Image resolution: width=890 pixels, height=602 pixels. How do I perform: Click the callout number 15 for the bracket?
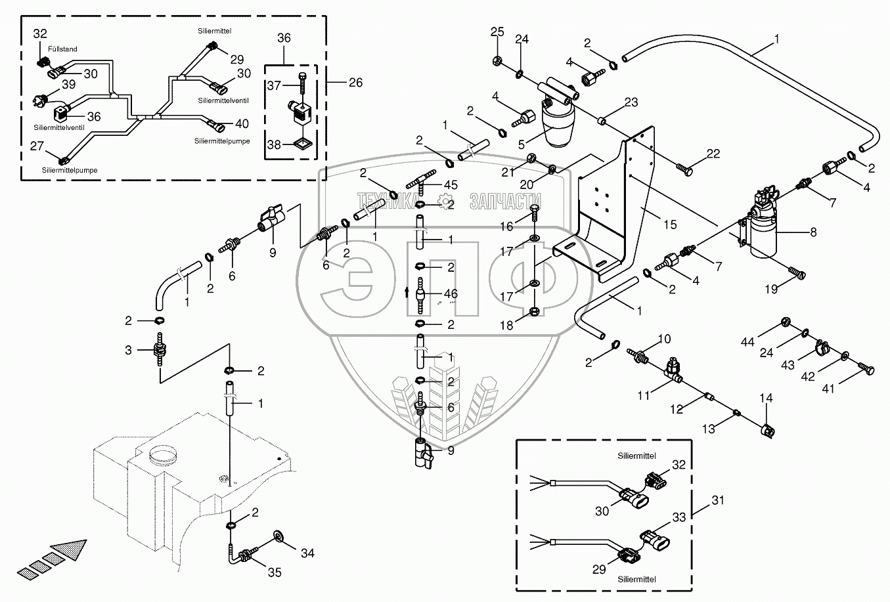(x=670, y=225)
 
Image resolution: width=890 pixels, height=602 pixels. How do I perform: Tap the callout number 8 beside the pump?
(x=813, y=232)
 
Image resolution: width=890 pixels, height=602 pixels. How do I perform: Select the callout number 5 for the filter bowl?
(x=522, y=144)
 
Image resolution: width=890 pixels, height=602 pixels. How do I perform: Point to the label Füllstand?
(x=62, y=49)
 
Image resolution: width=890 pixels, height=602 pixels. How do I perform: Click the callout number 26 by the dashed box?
(x=355, y=83)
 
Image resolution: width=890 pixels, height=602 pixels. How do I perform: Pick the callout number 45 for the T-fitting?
(x=451, y=185)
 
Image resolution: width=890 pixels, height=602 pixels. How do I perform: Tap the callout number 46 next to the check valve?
(x=451, y=294)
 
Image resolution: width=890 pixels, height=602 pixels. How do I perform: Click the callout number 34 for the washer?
(x=307, y=553)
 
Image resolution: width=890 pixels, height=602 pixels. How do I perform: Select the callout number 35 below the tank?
(x=275, y=572)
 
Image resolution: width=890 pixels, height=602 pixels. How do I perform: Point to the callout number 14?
(x=766, y=398)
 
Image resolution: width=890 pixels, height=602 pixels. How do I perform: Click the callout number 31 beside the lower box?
(x=717, y=500)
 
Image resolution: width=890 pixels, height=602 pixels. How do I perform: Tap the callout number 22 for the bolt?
(x=713, y=154)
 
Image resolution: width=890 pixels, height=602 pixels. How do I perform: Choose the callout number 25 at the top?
(x=497, y=32)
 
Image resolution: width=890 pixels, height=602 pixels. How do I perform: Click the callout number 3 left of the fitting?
(x=128, y=351)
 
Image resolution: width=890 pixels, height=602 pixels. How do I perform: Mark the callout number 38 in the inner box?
(x=274, y=145)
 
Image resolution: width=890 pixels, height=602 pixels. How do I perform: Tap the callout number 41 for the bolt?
(x=828, y=389)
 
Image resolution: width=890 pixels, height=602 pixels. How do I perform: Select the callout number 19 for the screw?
(x=771, y=290)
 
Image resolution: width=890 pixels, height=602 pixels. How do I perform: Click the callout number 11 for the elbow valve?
(x=644, y=395)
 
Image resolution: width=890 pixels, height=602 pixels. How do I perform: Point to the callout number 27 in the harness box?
(x=37, y=146)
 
